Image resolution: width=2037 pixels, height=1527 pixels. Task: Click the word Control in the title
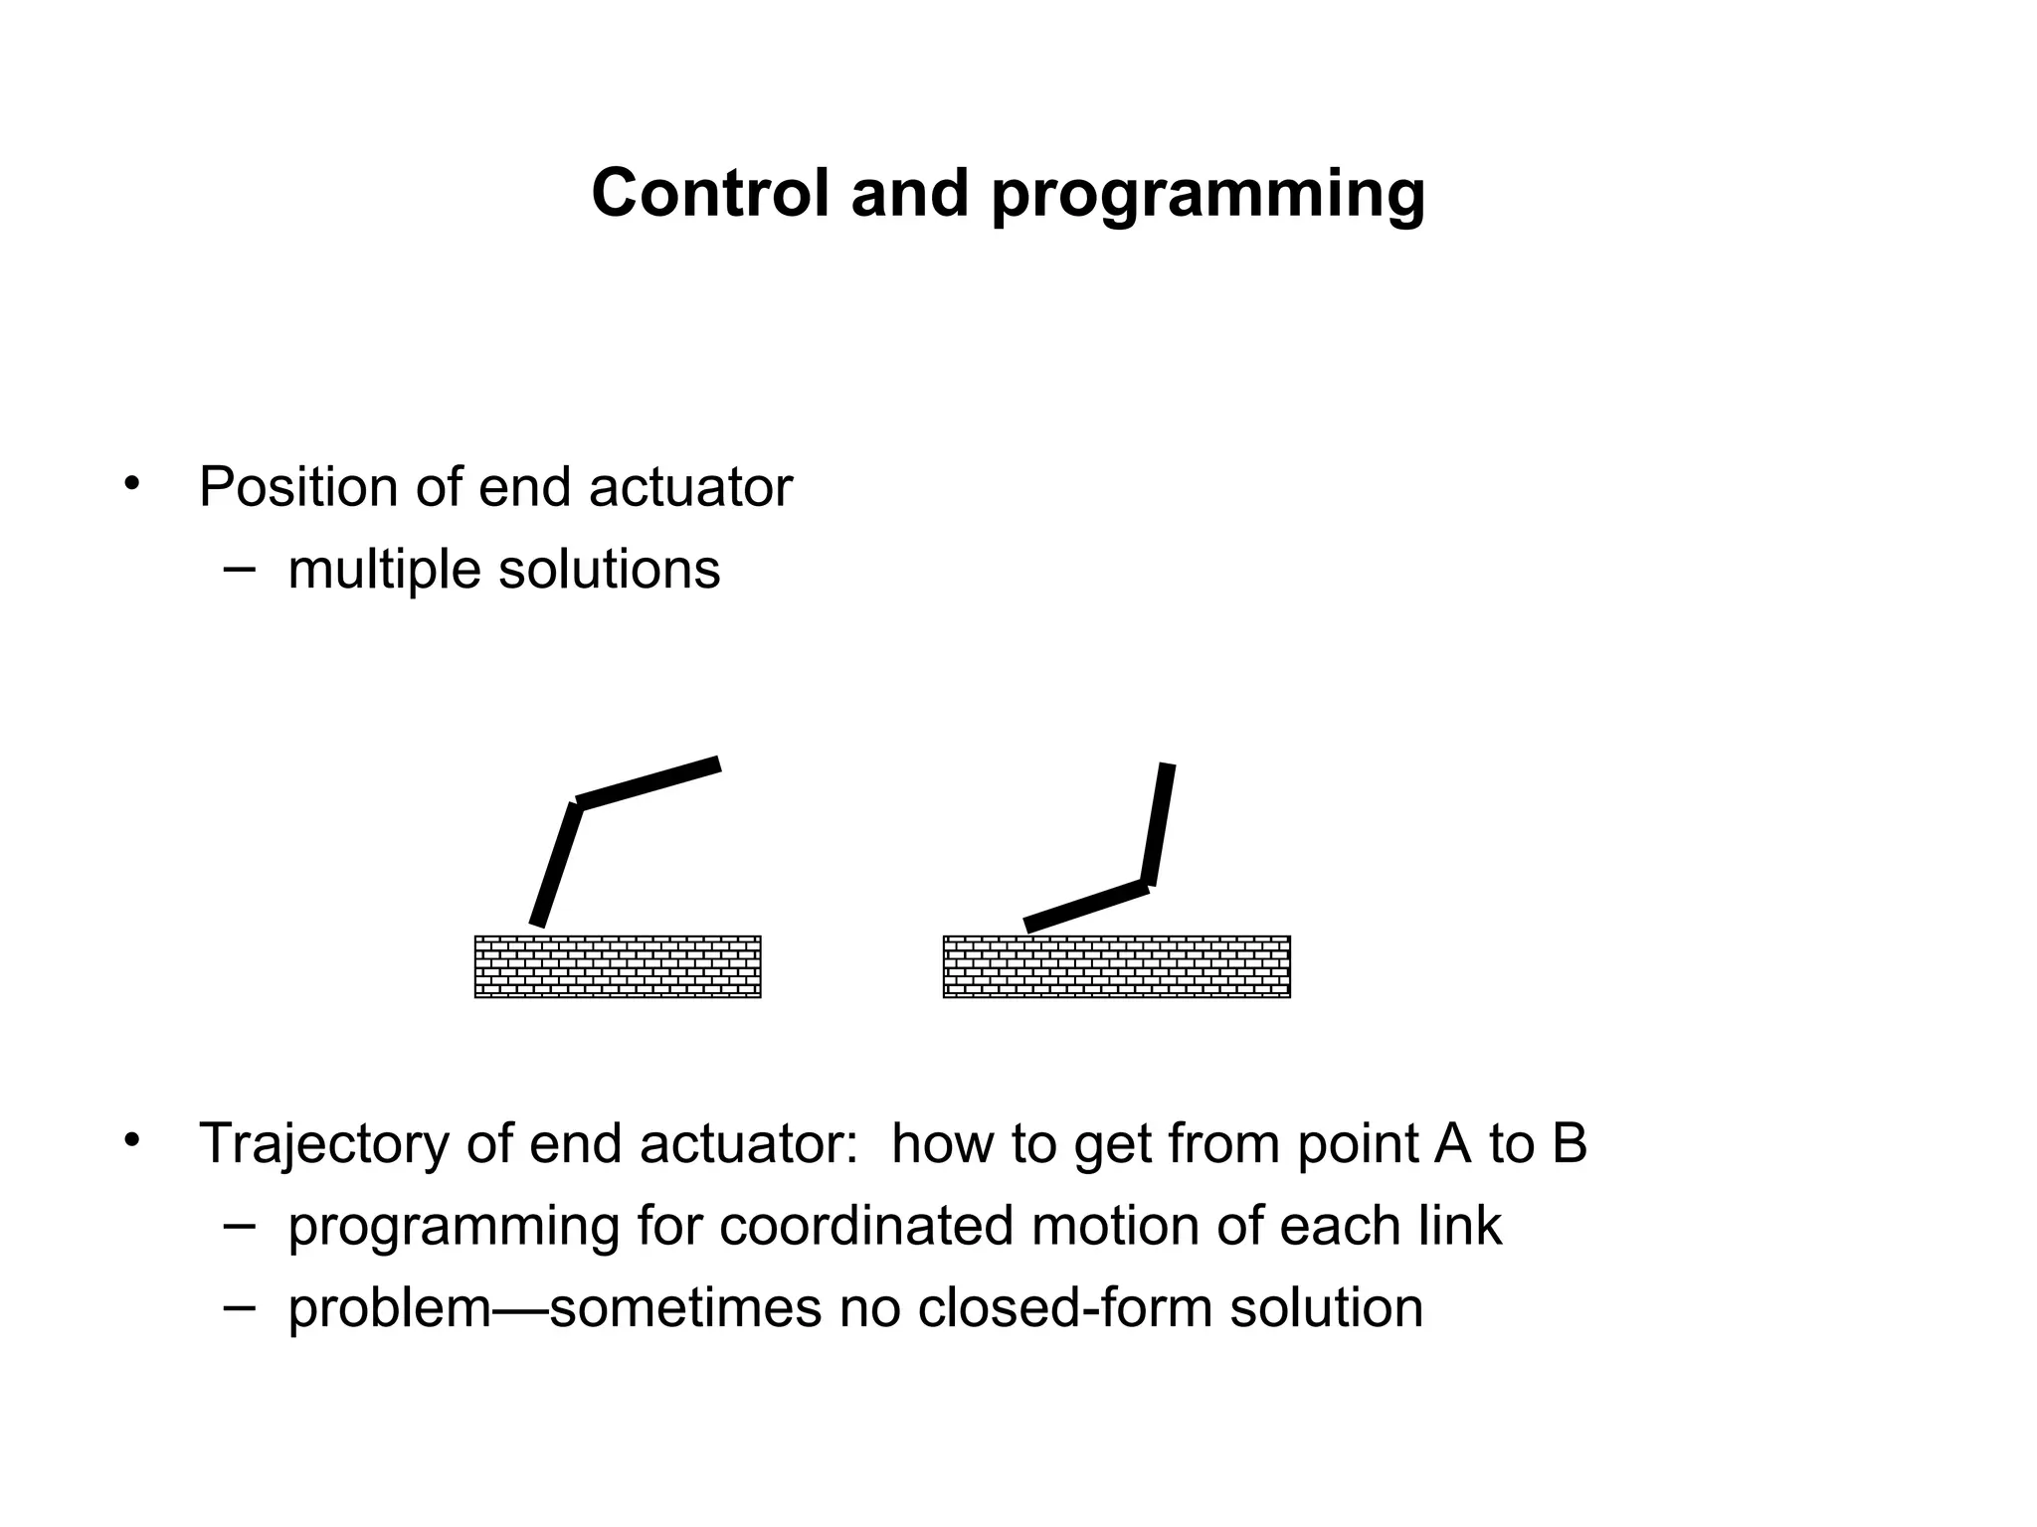709,193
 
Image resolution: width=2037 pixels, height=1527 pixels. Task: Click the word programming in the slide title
1207,195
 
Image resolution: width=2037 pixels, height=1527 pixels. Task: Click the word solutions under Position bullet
609,570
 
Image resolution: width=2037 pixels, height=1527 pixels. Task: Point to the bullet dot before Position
131,484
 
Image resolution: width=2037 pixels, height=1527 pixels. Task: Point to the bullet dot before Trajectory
131,1140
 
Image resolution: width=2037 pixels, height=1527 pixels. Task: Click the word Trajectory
323,1143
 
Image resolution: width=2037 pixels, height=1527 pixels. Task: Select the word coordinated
866,1225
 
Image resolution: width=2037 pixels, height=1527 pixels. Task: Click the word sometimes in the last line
685,1307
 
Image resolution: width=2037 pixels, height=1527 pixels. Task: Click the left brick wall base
618,966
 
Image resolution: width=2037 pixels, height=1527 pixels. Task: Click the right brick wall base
1116,966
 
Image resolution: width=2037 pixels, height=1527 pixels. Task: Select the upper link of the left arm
648,783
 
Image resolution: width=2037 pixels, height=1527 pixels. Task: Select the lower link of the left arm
557,865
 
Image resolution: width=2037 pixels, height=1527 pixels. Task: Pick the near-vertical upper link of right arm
1158,823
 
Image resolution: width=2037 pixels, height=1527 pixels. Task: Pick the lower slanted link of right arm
1086,906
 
